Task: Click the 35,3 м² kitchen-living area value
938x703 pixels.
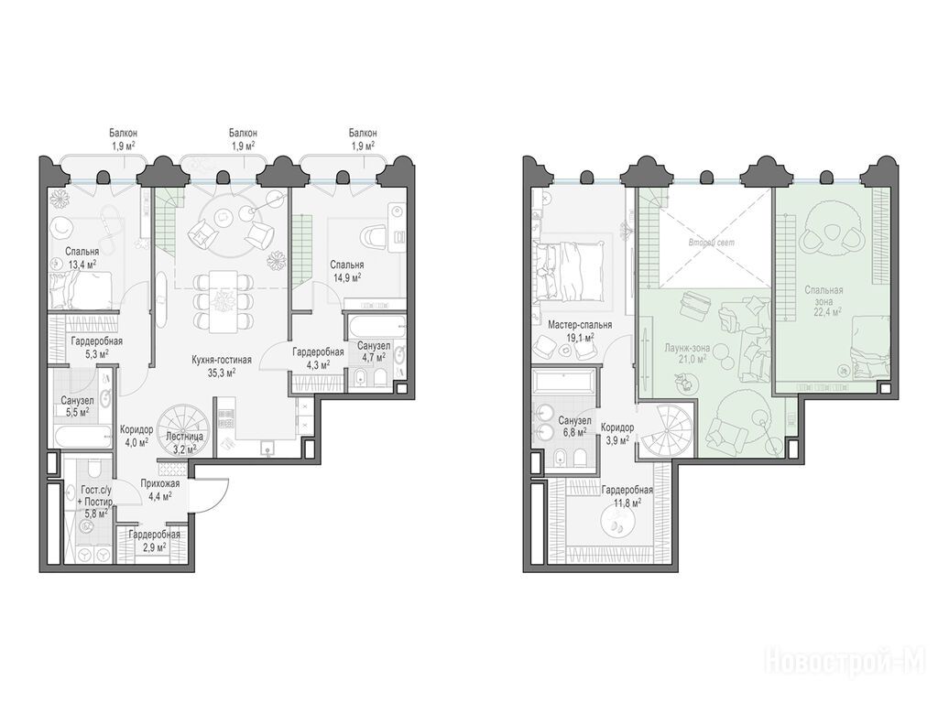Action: [222, 372]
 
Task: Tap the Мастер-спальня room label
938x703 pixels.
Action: [580, 325]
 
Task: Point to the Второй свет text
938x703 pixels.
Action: [711, 243]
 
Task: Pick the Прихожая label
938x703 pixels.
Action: [159, 484]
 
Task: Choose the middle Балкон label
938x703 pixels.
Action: [243, 134]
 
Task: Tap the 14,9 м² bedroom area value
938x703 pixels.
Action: [347, 277]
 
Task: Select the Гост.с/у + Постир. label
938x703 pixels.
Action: [95, 495]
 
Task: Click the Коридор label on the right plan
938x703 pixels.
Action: [617, 428]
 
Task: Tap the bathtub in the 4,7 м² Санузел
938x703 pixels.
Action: [375, 327]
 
